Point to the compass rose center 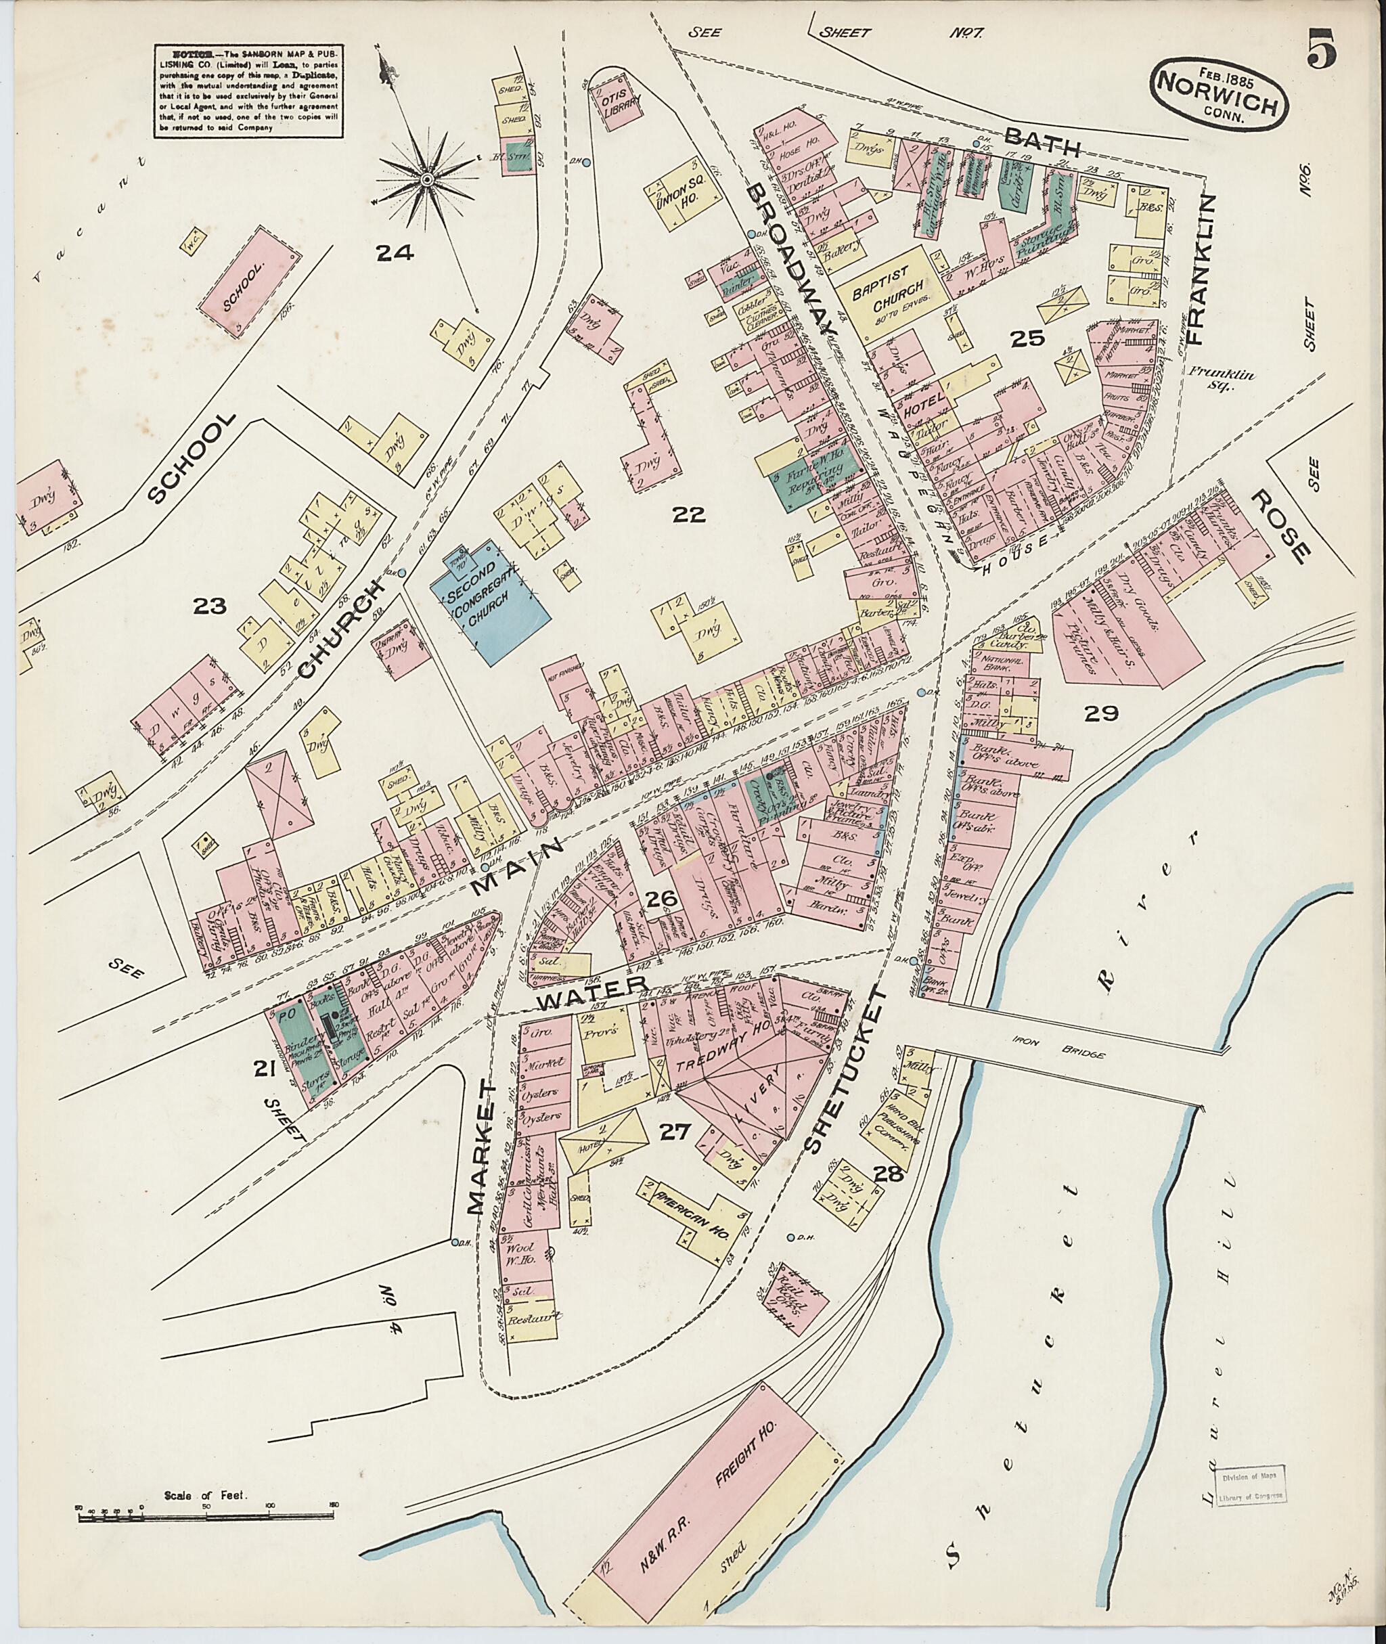point(426,181)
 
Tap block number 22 point(688,515)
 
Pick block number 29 point(1101,713)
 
